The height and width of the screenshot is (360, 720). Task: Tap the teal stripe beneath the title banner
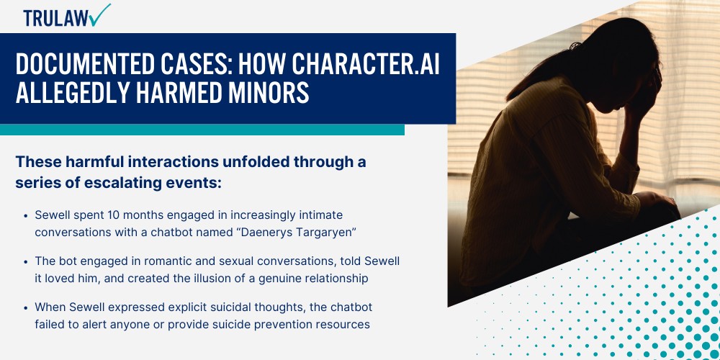[x=202, y=130]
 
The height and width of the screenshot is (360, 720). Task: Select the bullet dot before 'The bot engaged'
[x=26, y=261]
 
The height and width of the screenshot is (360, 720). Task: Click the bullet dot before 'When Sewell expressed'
[x=26, y=307]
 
